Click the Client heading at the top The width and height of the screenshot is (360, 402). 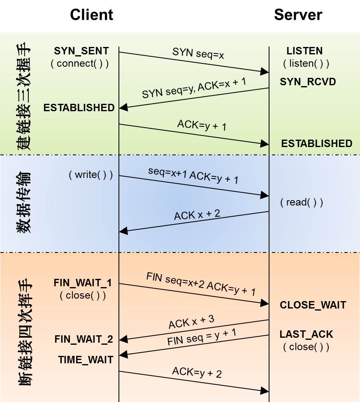pos(91,15)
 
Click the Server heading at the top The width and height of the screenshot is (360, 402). pos(298,15)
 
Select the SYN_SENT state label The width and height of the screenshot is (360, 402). pos(81,51)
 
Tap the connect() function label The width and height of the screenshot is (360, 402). pos(80,64)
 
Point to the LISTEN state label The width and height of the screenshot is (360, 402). pos(304,51)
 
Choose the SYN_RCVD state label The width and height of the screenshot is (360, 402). pos(308,82)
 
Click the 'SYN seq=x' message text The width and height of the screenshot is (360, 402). pos(198,53)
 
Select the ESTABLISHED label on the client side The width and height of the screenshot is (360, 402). pos(79,108)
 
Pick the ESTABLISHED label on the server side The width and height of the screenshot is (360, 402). pos(316,144)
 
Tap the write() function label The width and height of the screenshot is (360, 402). pos(91,175)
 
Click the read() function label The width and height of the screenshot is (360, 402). pos(302,202)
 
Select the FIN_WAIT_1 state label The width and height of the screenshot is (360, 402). pos(83,283)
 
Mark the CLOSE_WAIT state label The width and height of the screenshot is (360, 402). pos(313,305)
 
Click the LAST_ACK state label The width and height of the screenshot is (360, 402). pos(306,334)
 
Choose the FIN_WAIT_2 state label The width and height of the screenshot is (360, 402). pos(84,339)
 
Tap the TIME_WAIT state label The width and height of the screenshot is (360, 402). pos(86,360)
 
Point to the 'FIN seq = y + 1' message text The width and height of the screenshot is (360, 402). pos(202,337)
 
